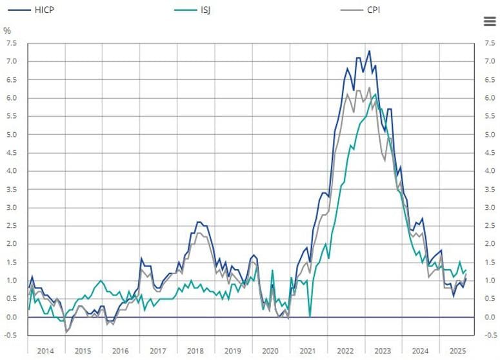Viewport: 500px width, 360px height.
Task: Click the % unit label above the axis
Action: (x=7, y=31)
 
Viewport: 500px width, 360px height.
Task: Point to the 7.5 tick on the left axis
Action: (x=11, y=43)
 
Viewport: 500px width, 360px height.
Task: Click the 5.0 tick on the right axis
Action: (x=490, y=135)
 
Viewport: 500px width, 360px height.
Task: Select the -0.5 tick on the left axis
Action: (x=10, y=335)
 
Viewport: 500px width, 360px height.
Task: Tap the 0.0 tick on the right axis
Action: (x=490, y=317)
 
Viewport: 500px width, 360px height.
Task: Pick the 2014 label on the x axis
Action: (x=46, y=350)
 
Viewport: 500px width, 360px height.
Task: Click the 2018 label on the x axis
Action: (x=195, y=350)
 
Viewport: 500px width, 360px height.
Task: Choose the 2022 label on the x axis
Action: (x=346, y=350)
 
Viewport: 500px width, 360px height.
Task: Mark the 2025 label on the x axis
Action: (x=458, y=350)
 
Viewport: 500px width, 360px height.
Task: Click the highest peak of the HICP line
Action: (x=369, y=51)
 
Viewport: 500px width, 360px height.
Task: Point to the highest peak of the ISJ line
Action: (x=375, y=94)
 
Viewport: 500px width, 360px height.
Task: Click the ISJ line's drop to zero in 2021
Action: (x=310, y=317)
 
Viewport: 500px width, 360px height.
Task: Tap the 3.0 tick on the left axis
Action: (x=11, y=208)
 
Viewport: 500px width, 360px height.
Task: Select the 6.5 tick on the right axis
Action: (x=490, y=80)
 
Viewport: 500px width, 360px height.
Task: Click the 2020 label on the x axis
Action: (x=270, y=350)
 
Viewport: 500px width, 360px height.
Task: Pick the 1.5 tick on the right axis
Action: (x=490, y=263)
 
